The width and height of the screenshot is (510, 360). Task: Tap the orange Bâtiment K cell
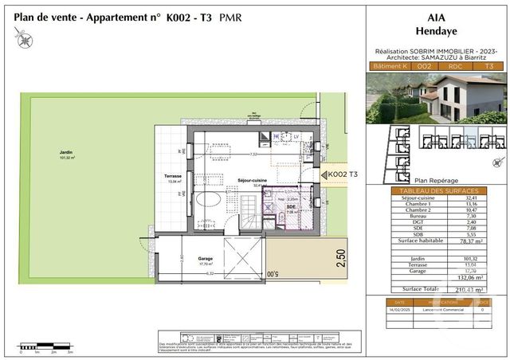388,67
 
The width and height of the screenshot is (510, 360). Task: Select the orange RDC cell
456,67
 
